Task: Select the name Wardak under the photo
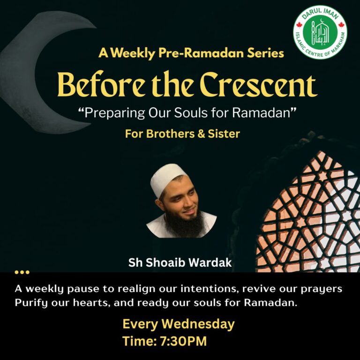click(211, 263)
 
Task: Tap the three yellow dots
click(22, 272)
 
